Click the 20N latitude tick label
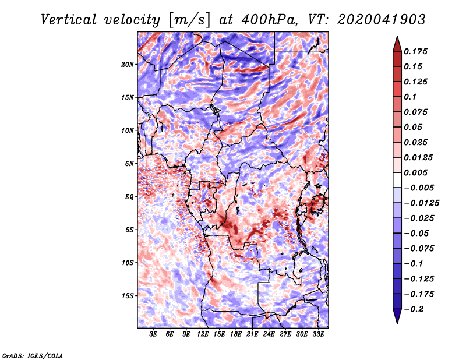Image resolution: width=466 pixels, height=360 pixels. tap(128, 65)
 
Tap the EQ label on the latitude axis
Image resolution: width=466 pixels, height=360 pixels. tap(129, 197)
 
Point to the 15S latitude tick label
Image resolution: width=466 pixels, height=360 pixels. tap(128, 296)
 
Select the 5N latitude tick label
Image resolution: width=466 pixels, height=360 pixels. tap(129, 164)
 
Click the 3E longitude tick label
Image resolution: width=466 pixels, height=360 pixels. tap(153, 334)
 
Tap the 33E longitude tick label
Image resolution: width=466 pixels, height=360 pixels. tap(318, 334)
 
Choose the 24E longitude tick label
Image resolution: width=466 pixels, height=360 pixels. tap(269, 334)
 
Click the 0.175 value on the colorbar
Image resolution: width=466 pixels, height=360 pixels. tap(415, 51)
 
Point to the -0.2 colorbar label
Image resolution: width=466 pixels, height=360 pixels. tap(414, 309)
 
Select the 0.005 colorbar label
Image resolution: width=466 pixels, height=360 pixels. tap(415, 172)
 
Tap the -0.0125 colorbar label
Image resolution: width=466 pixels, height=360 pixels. tap(421, 203)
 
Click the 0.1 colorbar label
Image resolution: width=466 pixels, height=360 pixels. tap(410, 97)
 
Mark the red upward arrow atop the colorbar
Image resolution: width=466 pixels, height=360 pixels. tap(397, 44)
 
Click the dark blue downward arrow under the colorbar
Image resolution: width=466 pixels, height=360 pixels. tap(397, 316)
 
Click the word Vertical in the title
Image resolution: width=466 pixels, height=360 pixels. tap(69, 20)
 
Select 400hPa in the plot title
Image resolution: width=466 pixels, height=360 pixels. tap(269, 20)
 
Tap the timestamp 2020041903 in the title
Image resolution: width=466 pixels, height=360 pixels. tap(382, 20)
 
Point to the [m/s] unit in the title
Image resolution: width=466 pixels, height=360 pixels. tap(189, 20)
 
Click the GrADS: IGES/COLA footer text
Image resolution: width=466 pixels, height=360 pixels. tap(33, 355)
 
